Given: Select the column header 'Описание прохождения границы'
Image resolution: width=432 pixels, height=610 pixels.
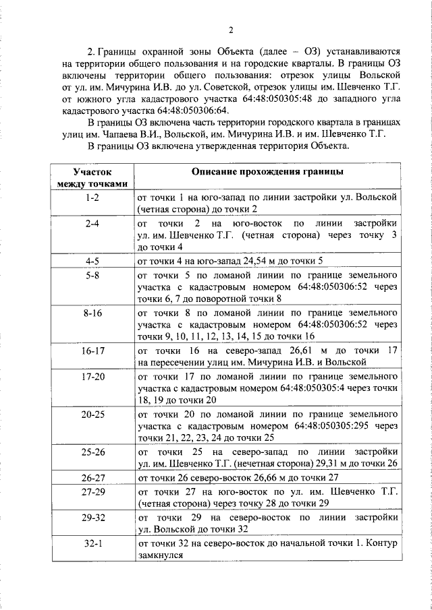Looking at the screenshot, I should (267, 173).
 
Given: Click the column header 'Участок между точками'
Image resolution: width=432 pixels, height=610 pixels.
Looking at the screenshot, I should (92, 179).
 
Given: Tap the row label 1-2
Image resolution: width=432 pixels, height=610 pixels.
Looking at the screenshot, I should (92, 197).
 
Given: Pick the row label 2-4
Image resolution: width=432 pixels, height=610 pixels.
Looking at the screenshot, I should (92, 222).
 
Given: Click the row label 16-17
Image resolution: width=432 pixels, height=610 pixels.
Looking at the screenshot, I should (92, 351).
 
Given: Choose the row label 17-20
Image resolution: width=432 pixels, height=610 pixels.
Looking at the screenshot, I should (92, 376).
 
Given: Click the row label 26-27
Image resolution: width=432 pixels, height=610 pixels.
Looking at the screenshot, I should (92, 478).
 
